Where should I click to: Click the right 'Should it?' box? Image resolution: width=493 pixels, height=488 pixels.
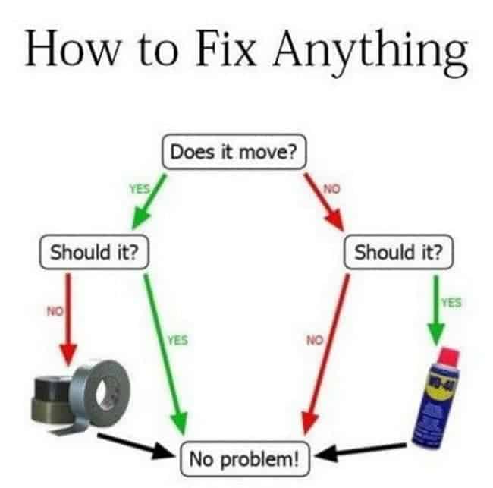[x=398, y=252]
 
